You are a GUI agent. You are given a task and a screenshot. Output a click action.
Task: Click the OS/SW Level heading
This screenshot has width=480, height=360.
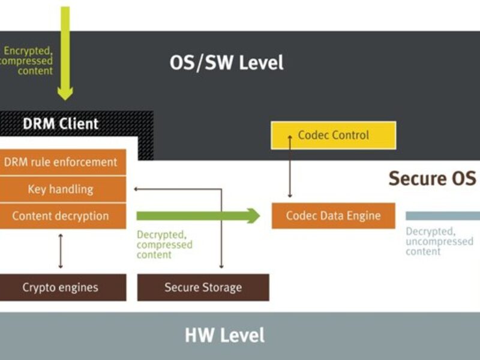[226, 62]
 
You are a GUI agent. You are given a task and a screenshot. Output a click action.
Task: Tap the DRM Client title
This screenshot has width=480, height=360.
[60, 124]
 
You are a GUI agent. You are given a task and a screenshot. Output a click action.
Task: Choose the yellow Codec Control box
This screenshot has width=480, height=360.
[334, 135]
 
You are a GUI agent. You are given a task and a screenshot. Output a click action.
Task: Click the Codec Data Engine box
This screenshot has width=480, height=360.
[334, 216]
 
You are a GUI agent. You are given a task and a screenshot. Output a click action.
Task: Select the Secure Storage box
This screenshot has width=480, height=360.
[203, 287]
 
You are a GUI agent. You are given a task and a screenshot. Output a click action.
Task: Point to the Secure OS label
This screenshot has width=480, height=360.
[432, 178]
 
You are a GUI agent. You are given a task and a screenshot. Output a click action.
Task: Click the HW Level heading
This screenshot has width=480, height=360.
[224, 335]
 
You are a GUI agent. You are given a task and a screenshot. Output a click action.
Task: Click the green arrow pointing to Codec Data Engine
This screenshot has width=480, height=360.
[198, 216]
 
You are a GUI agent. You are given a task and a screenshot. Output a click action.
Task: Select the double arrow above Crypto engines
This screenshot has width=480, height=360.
[60, 251]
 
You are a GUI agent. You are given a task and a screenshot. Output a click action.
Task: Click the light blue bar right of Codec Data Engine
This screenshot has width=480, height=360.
[443, 216]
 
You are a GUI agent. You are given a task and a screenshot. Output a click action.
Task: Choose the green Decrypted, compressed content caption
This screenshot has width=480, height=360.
[164, 245]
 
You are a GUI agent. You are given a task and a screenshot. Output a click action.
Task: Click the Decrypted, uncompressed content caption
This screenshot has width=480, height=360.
[439, 241]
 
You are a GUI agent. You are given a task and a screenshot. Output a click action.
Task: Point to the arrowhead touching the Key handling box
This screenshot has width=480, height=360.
[137, 189]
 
